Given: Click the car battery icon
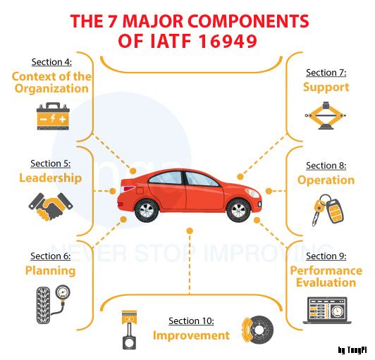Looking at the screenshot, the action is (x=53, y=116).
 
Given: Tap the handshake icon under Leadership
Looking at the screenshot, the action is (x=51, y=206).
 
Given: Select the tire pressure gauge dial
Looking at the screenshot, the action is (x=63, y=292).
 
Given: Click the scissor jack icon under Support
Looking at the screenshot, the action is (x=325, y=116).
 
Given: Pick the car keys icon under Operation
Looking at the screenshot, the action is (x=328, y=210).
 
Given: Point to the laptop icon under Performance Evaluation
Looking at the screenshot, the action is (x=327, y=310).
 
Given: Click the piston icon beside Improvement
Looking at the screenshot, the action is (x=129, y=330).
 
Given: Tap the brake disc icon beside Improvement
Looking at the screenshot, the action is (x=257, y=330).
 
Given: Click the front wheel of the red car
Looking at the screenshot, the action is (x=238, y=211).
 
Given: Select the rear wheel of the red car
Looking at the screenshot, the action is (x=147, y=211).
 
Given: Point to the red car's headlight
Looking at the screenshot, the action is (x=252, y=192).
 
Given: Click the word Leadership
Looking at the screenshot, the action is (x=51, y=178).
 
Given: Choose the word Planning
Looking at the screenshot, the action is (x=51, y=271).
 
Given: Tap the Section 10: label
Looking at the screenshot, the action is (x=191, y=321).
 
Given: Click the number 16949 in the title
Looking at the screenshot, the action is (x=228, y=41).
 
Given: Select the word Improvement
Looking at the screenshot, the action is (x=191, y=335).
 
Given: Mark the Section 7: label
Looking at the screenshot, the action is (x=326, y=73).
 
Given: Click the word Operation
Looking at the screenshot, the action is (x=326, y=180).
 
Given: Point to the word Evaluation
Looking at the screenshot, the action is (x=326, y=283).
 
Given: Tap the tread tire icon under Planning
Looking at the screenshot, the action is (x=43, y=306).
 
